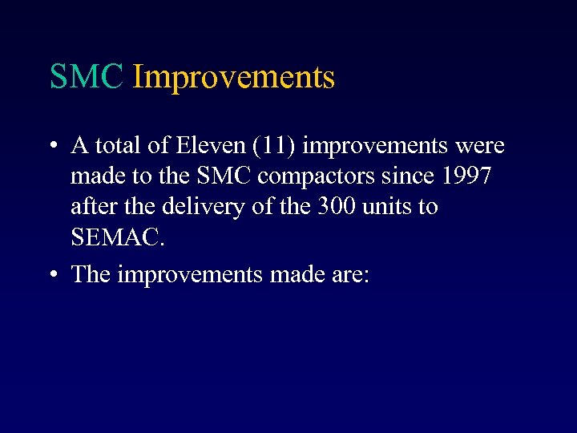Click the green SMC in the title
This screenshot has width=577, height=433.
click(x=87, y=77)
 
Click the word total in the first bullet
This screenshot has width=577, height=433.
click(x=119, y=146)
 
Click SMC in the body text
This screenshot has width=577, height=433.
click(x=227, y=176)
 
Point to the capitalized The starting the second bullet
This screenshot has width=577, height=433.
click(x=91, y=274)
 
